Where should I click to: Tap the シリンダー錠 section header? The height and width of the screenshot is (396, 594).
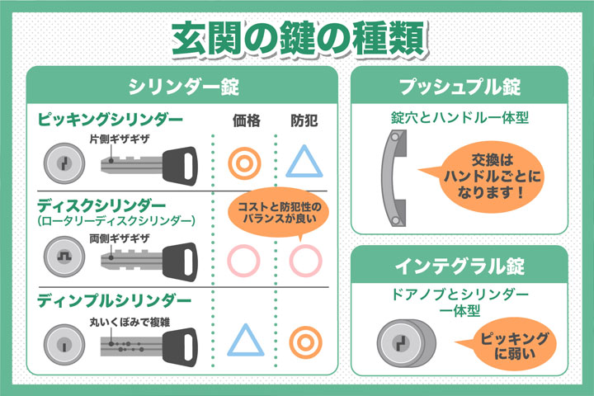(x=183, y=87)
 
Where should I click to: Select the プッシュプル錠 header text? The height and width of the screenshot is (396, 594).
(x=460, y=87)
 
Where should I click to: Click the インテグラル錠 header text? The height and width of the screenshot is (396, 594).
(x=460, y=266)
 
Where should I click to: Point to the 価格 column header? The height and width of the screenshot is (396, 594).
(x=246, y=120)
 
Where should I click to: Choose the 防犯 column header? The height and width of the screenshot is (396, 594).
(x=304, y=120)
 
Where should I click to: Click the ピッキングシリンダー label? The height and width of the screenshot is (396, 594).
(x=111, y=120)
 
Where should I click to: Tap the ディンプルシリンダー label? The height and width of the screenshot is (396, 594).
(x=114, y=301)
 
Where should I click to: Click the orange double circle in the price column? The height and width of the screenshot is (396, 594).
(x=244, y=163)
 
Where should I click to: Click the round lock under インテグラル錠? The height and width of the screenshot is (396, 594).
(x=406, y=343)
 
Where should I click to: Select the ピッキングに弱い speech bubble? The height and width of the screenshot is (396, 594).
(x=510, y=344)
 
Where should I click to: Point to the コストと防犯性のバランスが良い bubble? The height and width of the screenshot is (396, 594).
(x=279, y=213)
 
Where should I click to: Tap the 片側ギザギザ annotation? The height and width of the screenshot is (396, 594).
(x=120, y=139)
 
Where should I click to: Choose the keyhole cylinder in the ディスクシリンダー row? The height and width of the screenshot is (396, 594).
(x=64, y=257)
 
